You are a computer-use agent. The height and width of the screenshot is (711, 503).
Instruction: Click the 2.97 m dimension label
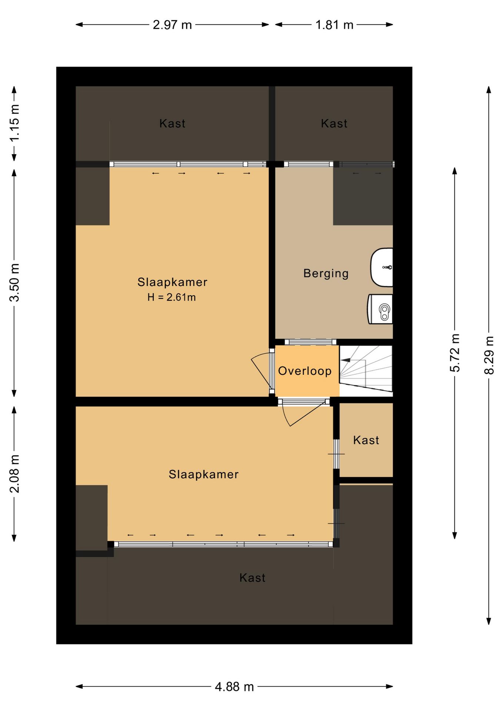click(x=172, y=25)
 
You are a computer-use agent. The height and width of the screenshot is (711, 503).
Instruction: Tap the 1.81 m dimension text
click(x=334, y=25)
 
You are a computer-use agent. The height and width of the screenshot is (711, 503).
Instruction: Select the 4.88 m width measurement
click(x=234, y=687)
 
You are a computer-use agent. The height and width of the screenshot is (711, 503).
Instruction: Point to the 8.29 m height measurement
click(x=489, y=355)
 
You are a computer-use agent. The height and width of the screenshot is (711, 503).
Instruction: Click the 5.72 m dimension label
click(x=454, y=353)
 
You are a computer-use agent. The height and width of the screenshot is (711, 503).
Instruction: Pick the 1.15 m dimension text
click(x=14, y=123)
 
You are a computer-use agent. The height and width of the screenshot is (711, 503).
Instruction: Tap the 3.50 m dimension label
click(x=14, y=283)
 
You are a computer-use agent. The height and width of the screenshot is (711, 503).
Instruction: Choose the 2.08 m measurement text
click(x=14, y=474)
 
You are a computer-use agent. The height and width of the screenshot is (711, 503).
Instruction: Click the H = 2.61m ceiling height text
click(x=171, y=297)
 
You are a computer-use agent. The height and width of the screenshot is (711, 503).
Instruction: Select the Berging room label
click(x=326, y=273)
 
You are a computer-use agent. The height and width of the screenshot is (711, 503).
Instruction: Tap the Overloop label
click(x=305, y=371)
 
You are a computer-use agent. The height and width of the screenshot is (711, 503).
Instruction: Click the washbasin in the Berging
click(x=382, y=267)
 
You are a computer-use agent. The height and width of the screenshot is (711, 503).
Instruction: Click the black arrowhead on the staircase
click(x=345, y=360)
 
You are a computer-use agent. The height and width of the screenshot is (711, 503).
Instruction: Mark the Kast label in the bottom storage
click(x=252, y=578)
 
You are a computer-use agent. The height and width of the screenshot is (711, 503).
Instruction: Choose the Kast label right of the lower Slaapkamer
click(x=366, y=440)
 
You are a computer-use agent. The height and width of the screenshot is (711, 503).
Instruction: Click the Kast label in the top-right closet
click(x=334, y=124)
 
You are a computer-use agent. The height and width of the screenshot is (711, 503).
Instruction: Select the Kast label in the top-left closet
click(x=172, y=124)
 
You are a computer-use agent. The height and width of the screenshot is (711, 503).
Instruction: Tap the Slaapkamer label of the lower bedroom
click(x=204, y=474)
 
